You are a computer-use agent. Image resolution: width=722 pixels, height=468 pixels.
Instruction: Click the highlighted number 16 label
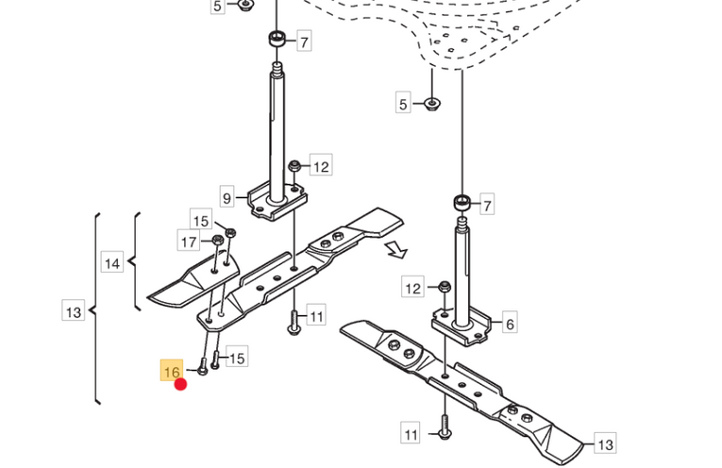(x=171, y=371)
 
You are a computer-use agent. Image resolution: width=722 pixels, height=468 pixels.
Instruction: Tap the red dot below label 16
(x=180, y=384)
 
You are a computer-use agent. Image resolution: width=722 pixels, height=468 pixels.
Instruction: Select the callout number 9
(x=227, y=198)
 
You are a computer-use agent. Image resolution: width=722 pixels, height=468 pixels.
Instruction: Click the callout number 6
(x=510, y=324)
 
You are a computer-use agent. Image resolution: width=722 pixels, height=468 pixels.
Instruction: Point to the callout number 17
(x=189, y=242)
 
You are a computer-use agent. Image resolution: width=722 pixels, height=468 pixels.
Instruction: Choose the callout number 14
(x=112, y=263)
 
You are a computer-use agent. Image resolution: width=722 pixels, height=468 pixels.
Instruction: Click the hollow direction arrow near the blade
(x=396, y=250)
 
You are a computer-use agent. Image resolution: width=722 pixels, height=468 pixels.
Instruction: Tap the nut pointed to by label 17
(x=218, y=240)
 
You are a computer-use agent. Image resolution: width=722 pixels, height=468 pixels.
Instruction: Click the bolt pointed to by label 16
(x=202, y=367)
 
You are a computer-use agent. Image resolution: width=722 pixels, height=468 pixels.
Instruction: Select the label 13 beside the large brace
(x=74, y=311)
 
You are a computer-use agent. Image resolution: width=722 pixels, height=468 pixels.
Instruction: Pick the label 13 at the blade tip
(x=605, y=443)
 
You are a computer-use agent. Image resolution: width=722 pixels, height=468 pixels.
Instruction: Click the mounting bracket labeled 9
(x=277, y=201)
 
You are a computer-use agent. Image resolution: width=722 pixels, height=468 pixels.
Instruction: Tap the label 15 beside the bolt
(x=237, y=358)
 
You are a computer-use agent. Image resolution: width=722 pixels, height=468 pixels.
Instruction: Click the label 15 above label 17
(x=201, y=221)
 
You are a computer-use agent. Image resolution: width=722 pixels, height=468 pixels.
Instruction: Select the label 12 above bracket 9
(x=321, y=166)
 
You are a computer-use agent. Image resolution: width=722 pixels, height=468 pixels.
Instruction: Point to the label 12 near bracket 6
(x=412, y=288)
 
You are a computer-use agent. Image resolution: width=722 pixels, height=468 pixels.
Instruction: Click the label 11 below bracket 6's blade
(x=411, y=434)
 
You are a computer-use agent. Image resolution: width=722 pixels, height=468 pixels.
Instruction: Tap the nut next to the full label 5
(x=431, y=104)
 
